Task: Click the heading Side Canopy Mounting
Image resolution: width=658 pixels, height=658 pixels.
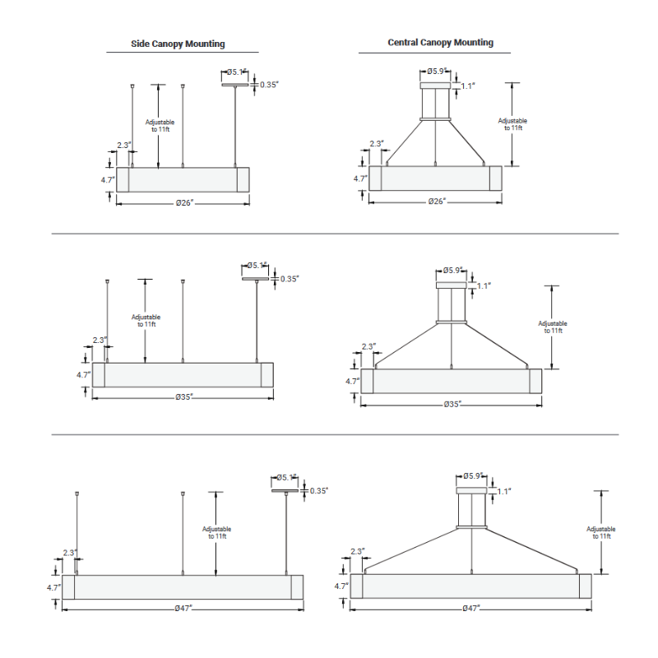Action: tap(178, 44)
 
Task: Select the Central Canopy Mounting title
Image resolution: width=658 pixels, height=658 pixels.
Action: tap(440, 42)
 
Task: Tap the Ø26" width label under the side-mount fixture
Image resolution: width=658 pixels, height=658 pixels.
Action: tap(184, 202)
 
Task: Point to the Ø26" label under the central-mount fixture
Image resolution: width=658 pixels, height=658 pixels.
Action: tap(437, 202)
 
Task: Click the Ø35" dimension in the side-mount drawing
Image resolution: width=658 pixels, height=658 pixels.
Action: tap(184, 396)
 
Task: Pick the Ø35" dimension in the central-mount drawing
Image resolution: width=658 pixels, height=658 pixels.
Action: tap(452, 404)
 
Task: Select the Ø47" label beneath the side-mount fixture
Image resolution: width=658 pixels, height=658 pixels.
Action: tap(183, 608)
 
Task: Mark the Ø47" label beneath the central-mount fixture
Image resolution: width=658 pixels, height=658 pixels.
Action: tap(471, 608)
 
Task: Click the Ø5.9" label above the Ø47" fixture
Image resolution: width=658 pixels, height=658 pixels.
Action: tap(473, 475)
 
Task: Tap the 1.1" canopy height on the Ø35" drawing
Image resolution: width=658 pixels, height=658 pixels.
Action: tap(484, 285)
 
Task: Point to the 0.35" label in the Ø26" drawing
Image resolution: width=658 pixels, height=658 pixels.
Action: tap(270, 85)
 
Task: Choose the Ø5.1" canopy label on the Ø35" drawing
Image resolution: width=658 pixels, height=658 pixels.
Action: tap(258, 265)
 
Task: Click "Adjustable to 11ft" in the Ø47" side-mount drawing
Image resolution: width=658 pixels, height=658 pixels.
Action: tap(216, 532)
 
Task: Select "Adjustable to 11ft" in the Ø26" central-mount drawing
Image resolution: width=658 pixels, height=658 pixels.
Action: tap(512, 124)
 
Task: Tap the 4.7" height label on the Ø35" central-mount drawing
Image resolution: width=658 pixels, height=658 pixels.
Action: tap(352, 381)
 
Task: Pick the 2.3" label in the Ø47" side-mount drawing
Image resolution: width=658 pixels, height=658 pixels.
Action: tap(70, 553)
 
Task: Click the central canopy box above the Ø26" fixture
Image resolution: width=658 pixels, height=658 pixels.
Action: tap(435, 86)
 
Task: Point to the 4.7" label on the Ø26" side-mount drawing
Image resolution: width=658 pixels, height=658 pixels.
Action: tap(107, 178)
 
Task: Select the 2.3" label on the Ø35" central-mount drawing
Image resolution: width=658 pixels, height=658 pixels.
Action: tap(368, 347)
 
